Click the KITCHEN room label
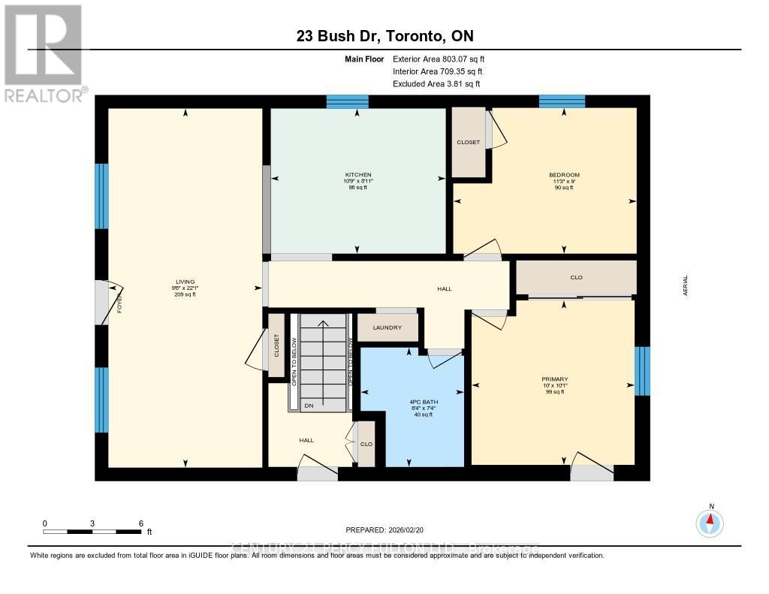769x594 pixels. point(357,175)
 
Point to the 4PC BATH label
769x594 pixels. point(412,402)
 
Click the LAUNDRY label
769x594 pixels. point(388,327)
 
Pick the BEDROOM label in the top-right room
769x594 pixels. point(564,175)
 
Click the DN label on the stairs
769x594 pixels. point(308,406)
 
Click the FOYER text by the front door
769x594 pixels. point(119,304)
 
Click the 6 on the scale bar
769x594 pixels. point(140,523)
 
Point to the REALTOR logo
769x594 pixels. point(44,53)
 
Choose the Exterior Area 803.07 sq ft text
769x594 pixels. point(444,59)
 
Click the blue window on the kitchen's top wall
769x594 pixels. point(347,102)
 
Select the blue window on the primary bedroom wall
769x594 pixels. point(642,370)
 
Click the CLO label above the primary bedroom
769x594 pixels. point(576,278)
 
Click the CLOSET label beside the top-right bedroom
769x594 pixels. point(469,142)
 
